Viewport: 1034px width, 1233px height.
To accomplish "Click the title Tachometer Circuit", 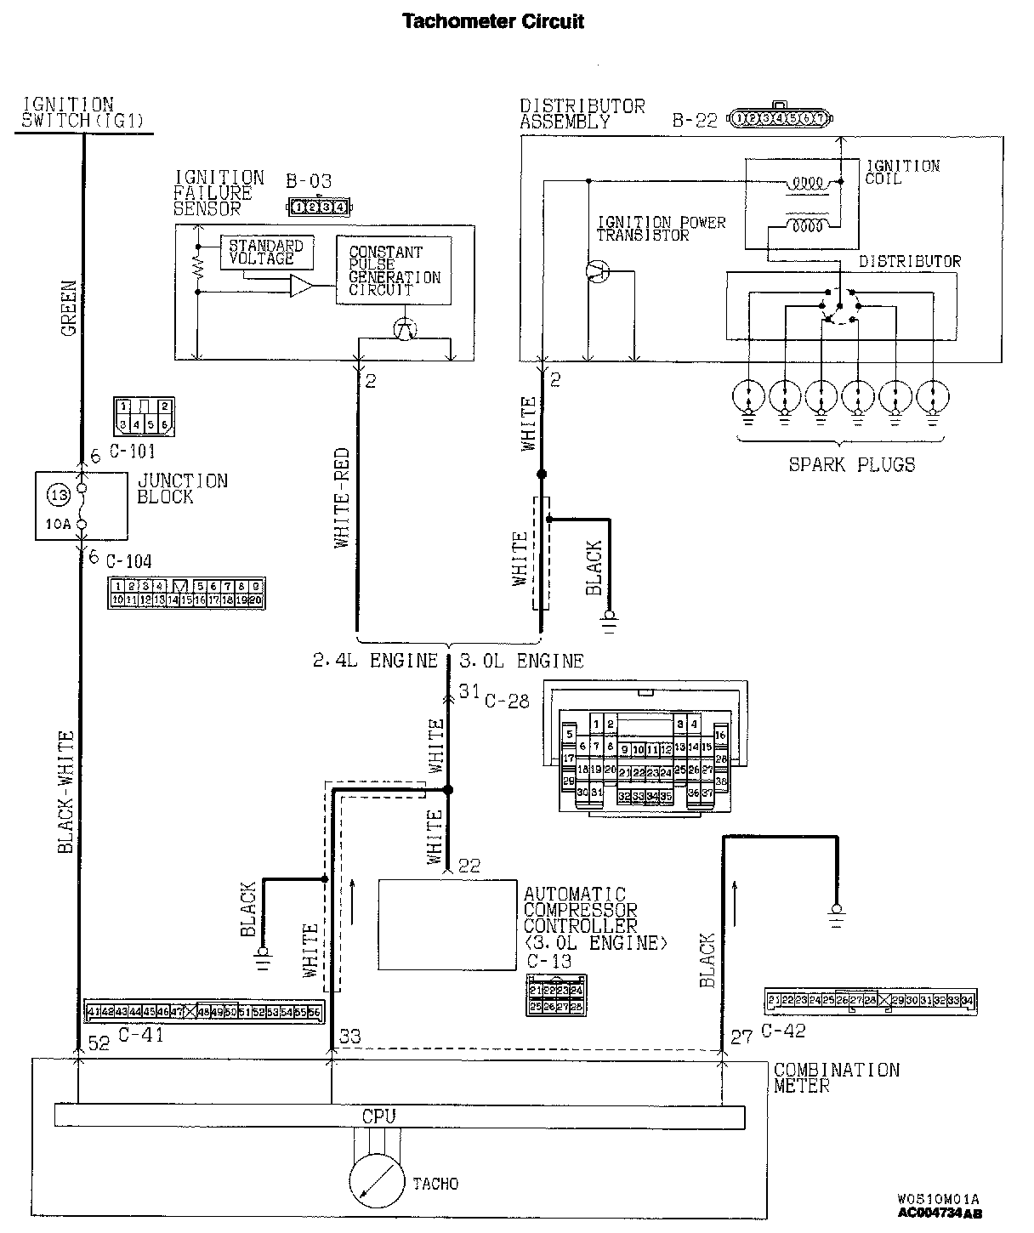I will coord(492,21).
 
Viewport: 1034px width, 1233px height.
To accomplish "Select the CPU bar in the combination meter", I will coord(399,1116).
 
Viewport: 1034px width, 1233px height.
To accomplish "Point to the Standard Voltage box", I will coord(266,253).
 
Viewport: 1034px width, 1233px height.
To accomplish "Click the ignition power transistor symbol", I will coord(599,272).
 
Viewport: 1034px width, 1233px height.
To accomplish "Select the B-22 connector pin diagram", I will coord(780,118).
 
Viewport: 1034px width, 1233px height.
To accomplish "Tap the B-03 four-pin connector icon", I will coord(317,206).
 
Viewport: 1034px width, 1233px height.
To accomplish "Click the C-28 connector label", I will coord(506,701).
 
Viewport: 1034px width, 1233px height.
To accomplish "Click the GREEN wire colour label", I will coord(68,307).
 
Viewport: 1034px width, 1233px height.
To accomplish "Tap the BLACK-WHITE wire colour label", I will coord(65,791).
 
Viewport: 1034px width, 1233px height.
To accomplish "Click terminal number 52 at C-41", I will coord(99,1043).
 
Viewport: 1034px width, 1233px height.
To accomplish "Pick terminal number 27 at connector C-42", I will coord(741,1037).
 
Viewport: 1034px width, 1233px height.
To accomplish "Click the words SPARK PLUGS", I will coord(851,464).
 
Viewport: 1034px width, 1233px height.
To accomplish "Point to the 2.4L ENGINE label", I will coord(374,661).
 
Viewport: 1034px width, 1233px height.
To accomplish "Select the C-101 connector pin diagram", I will coord(142,414).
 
